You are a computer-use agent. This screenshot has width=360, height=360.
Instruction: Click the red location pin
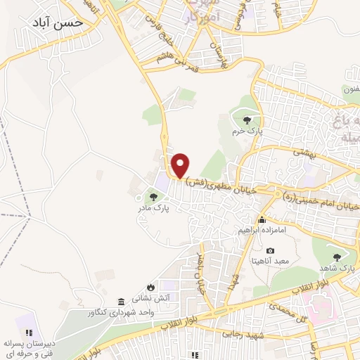point(181,165)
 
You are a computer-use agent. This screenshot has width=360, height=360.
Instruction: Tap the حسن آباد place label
point(58,22)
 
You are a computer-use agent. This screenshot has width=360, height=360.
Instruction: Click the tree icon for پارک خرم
point(245,121)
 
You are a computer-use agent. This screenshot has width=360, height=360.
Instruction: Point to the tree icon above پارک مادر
point(153,198)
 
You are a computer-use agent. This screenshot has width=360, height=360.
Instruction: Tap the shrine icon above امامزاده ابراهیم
point(262,220)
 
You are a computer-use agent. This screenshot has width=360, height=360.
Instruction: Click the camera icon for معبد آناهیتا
point(271,250)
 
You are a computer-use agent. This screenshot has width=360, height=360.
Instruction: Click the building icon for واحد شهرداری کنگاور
point(121,301)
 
